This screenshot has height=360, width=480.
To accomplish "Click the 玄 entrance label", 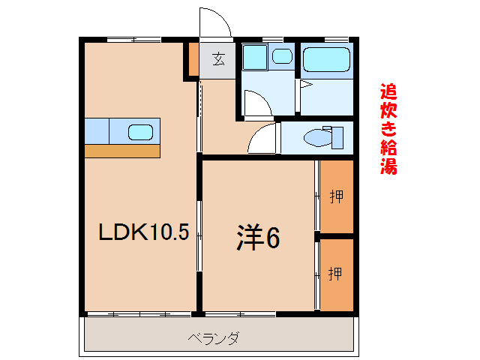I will tap(217, 59).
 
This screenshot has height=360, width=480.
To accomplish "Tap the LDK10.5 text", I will tap(144, 233).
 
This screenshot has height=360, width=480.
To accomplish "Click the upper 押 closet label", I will tap(337, 197).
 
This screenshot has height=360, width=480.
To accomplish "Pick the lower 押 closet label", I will tap(336, 274).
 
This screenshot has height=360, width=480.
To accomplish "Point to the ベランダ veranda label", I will tap(214, 338).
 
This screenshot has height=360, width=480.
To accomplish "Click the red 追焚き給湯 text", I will tap(388, 128).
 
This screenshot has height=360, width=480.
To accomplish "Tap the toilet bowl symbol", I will tap(316, 137).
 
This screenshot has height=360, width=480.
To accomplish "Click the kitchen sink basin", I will tap(141, 132).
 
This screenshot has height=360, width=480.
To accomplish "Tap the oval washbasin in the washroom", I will tap(282, 55).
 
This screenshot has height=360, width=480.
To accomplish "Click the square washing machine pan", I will tap(255, 57).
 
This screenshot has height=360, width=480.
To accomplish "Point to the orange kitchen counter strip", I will tap(122, 151).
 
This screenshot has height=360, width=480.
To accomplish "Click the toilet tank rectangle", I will tap(337, 137).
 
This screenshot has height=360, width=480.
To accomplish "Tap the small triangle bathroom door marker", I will tap(305, 85).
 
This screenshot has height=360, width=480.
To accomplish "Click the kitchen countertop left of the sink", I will tap(97, 130).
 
